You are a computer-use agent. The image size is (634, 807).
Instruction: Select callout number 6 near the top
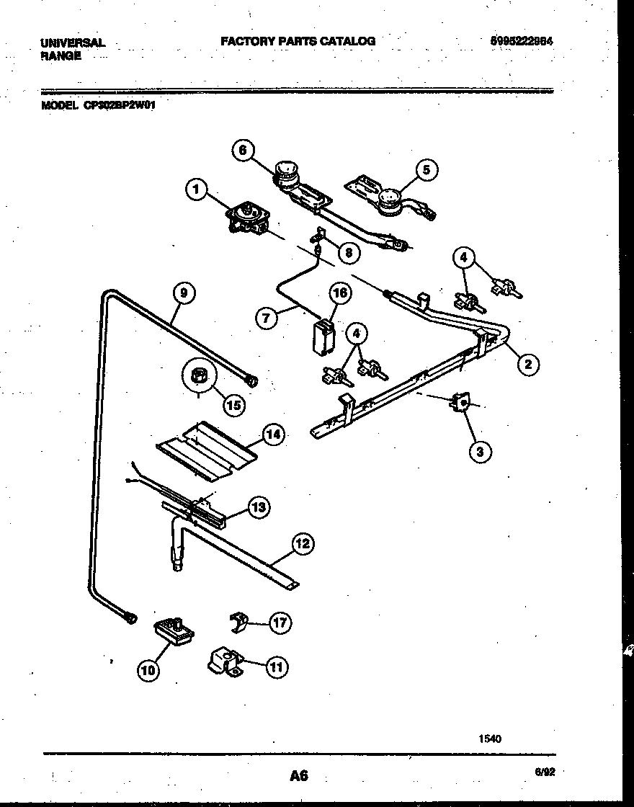(x=243, y=150)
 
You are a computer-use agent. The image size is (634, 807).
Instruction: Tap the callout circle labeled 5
(x=426, y=170)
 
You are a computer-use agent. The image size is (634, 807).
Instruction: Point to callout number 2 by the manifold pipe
(x=527, y=365)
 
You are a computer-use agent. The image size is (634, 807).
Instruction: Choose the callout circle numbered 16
(x=340, y=293)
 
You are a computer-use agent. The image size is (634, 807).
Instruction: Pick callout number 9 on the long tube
(x=184, y=293)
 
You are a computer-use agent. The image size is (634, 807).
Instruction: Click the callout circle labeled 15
(x=232, y=404)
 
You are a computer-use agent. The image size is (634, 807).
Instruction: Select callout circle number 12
(x=303, y=543)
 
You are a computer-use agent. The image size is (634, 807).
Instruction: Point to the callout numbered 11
(x=274, y=667)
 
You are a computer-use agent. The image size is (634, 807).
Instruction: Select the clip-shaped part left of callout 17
(x=238, y=620)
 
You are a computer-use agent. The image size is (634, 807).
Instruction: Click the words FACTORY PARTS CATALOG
(x=298, y=41)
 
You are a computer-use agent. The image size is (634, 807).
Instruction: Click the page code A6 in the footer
(x=299, y=775)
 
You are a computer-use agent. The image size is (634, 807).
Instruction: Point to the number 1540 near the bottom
(x=489, y=739)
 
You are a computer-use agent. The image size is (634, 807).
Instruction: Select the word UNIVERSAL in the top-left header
(x=73, y=43)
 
